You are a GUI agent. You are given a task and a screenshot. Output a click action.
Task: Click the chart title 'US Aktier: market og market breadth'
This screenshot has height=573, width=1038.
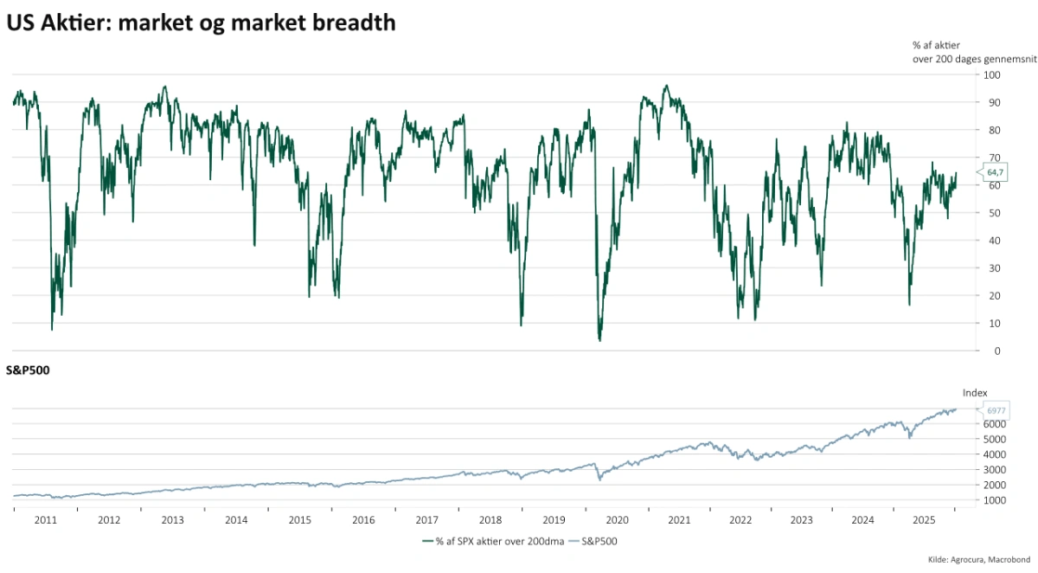pyautogui.click(x=201, y=23)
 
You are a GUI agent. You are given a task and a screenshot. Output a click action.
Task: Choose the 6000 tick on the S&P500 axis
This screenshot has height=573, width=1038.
pyautogui.click(x=994, y=424)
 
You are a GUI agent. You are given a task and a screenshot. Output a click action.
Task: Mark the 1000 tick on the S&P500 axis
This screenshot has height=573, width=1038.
pyautogui.click(x=994, y=500)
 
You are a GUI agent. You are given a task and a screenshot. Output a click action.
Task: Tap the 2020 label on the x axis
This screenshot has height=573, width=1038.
pyautogui.click(x=617, y=520)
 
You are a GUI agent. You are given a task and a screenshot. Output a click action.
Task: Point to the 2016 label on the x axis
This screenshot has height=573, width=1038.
pyautogui.click(x=363, y=520)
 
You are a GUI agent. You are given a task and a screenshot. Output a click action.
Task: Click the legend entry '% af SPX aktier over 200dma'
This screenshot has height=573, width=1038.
pyautogui.click(x=493, y=541)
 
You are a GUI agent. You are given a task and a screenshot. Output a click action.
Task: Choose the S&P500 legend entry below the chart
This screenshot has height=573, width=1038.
pyautogui.click(x=599, y=541)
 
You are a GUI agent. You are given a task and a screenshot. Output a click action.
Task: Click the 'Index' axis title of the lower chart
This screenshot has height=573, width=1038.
pyautogui.click(x=975, y=392)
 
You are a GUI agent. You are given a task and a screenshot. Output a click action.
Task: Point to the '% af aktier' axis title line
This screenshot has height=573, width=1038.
pyautogui.click(x=937, y=44)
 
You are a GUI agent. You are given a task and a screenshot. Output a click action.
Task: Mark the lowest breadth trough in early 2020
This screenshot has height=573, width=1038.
pyautogui.click(x=599, y=340)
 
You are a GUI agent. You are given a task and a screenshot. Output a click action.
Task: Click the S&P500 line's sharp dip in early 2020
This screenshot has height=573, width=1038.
pyautogui.click(x=599, y=479)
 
